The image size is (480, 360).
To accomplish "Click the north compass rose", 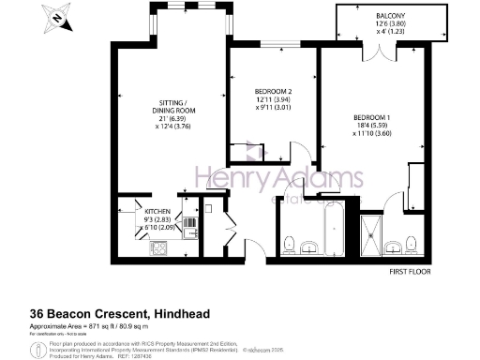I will [x=59, y=17].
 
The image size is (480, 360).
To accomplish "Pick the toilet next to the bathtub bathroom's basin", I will [x=292, y=244].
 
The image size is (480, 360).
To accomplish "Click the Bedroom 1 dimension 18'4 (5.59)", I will [x=371, y=127].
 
